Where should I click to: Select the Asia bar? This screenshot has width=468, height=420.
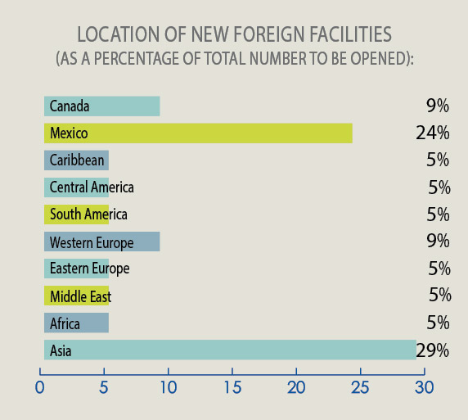(x=230, y=350)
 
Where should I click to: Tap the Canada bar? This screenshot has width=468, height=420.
(x=102, y=106)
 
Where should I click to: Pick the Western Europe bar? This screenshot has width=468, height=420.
(x=102, y=242)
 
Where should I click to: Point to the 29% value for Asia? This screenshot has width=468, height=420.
(x=433, y=351)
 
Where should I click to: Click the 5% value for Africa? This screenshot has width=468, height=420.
(x=439, y=323)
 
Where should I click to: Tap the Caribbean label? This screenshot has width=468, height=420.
(x=77, y=160)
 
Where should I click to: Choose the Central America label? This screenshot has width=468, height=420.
(x=92, y=187)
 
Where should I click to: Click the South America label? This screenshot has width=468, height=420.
(x=88, y=215)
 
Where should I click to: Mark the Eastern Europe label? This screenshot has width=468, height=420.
(x=89, y=269)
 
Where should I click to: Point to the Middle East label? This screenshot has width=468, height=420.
(x=80, y=296)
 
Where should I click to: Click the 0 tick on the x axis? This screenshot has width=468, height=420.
(x=40, y=386)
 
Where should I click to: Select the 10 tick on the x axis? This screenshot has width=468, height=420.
(x=169, y=386)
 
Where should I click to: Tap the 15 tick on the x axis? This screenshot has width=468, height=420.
(x=232, y=386)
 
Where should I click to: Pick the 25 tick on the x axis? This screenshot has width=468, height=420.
(x=360, y=386)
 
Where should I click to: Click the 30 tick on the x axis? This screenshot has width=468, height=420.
(x=424, y=386)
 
